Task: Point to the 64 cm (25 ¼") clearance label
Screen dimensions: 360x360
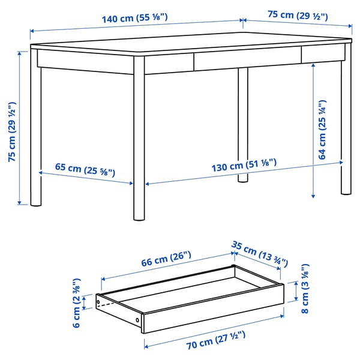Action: click(x=322, y=130)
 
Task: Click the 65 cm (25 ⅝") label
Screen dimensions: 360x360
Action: click(x=86, y=169)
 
